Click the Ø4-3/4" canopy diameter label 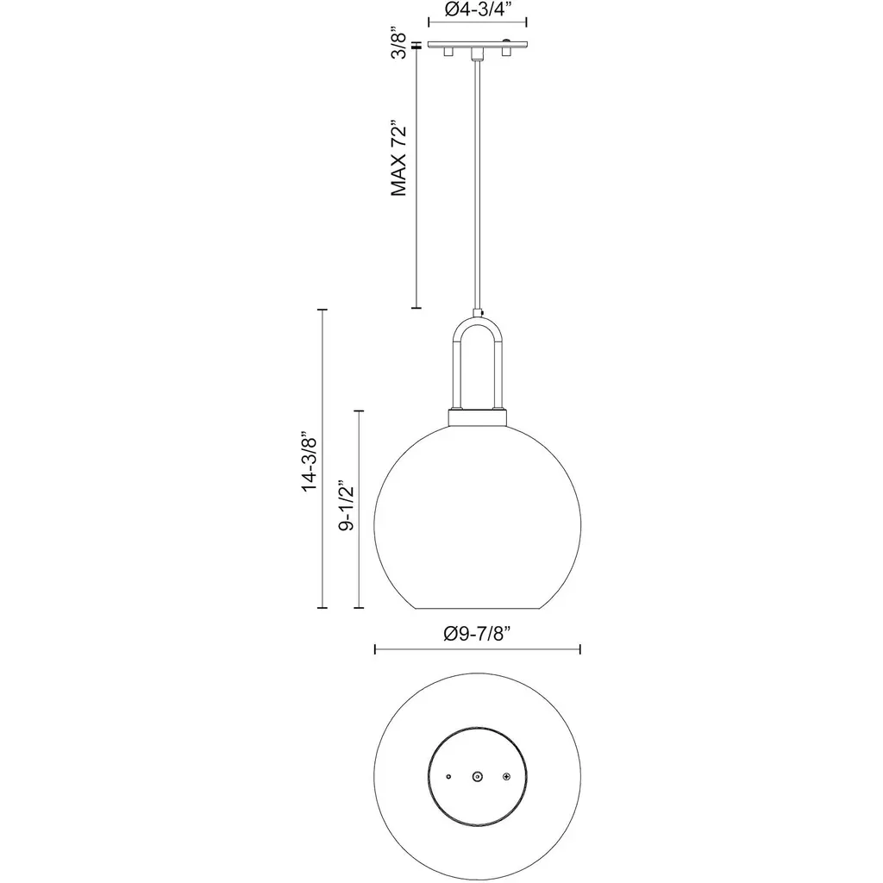(x=478, y=9)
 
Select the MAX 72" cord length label (x=398, y=158)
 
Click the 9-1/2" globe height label (x=347, y=505)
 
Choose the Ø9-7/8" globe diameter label (x=478, y=634)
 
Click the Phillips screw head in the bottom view (x=506, y=777)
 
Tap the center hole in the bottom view (x=478, y=777)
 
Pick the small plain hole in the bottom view (x=448, y=777)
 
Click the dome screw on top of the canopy (x=507, y=41)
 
